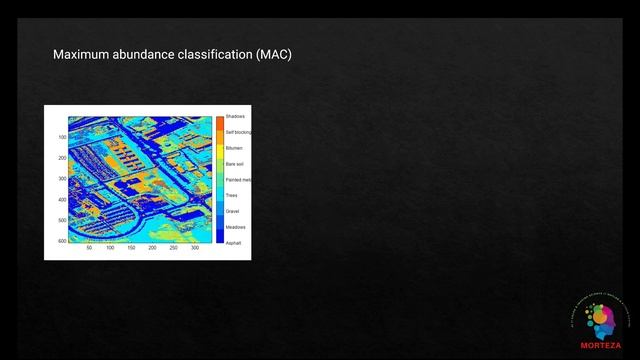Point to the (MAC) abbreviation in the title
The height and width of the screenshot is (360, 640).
click(273, 55)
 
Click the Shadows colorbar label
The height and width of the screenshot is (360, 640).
click(235, 117)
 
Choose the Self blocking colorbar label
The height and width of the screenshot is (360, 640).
click(238, 132)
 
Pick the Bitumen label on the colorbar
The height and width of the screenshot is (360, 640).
click(234, 148)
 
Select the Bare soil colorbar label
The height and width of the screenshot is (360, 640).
click(235, 164)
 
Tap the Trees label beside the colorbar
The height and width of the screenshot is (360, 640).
click(232, 195)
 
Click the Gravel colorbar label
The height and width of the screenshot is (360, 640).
click(232, 211)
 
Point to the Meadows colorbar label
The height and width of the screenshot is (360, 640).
click(235, 227)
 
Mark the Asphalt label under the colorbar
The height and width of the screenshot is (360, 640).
click(233, 243)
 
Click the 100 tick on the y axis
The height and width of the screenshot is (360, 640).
click(61, 137)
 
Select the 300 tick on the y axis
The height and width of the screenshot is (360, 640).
click(61, 179)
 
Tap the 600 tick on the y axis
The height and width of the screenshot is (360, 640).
click(61, 241)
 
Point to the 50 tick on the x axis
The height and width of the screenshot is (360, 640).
click(89, 248)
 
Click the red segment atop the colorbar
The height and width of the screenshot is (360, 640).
click(219, 121)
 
